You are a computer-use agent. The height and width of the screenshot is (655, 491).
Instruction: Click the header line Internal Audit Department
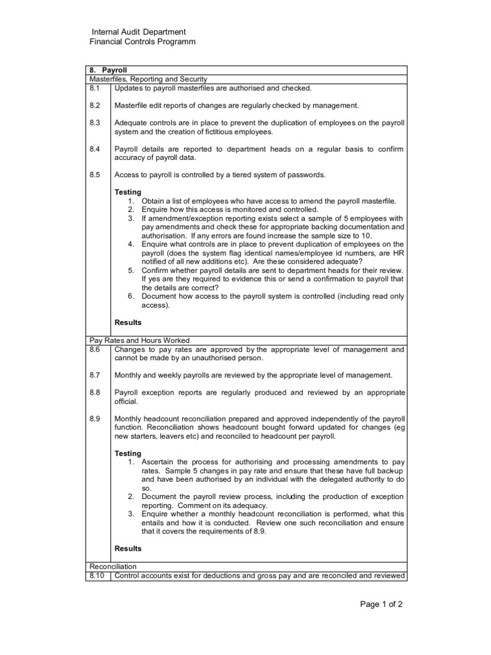point(139,31)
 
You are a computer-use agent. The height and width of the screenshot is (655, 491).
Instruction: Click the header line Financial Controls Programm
point(141,42)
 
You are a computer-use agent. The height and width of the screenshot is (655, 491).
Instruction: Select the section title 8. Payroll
point(109,70)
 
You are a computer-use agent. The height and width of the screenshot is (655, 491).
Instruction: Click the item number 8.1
point(95,88)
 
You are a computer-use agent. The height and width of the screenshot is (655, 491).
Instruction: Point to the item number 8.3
point(95,122)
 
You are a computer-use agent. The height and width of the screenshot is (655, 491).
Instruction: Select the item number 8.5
point(95,174)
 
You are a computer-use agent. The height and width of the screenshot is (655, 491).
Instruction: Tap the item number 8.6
point(95,349)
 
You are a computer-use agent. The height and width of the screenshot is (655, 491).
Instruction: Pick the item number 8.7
point(95,375)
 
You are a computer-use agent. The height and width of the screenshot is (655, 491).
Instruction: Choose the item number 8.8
point(95,392)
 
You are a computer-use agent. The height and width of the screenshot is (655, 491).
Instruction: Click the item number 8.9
point(95,418)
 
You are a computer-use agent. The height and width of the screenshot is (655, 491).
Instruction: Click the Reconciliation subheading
point(113,566)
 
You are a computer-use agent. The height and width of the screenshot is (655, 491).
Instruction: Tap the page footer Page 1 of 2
point(382,604)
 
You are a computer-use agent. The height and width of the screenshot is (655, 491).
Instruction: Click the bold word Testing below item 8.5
point(128,192)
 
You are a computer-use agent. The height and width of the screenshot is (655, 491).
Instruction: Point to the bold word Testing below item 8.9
point(128,453)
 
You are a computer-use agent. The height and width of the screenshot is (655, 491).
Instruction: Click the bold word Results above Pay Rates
point(128,322)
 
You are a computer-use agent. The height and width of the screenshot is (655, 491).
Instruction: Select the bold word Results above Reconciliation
point(128,548)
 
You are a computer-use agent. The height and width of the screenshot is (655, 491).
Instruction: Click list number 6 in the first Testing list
point(130,296)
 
